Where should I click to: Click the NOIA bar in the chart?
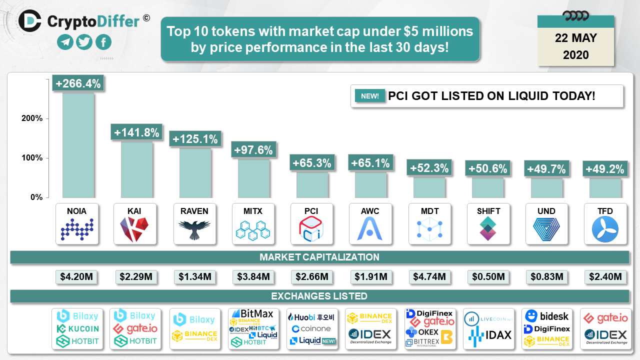(x=77, y=145)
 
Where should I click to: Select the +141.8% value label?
(x=137, y=133)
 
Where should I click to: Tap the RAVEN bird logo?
(x=194, y=230)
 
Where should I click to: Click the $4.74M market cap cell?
(x=428, y=276)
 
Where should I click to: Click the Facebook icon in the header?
(x=103, y=42)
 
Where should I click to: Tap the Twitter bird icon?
(x=84, y=42)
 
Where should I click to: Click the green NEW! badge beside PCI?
(x=370, y=96)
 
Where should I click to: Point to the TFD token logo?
(x=605, y=230)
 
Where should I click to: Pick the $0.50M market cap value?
(x=487, y=276)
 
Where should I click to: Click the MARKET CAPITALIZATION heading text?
(x=319, y=257)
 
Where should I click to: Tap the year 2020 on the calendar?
(x=575, y=55)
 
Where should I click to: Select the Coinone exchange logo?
(x=311, y=328)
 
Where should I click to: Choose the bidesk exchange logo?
(x=547, y=316)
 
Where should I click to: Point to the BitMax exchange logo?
(x=256, y=314)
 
